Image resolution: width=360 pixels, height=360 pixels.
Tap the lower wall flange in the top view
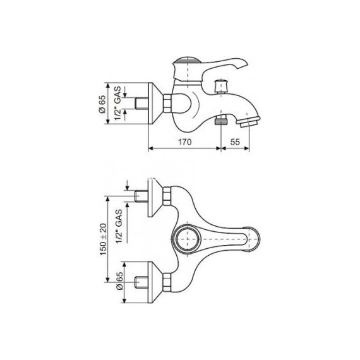155,284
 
